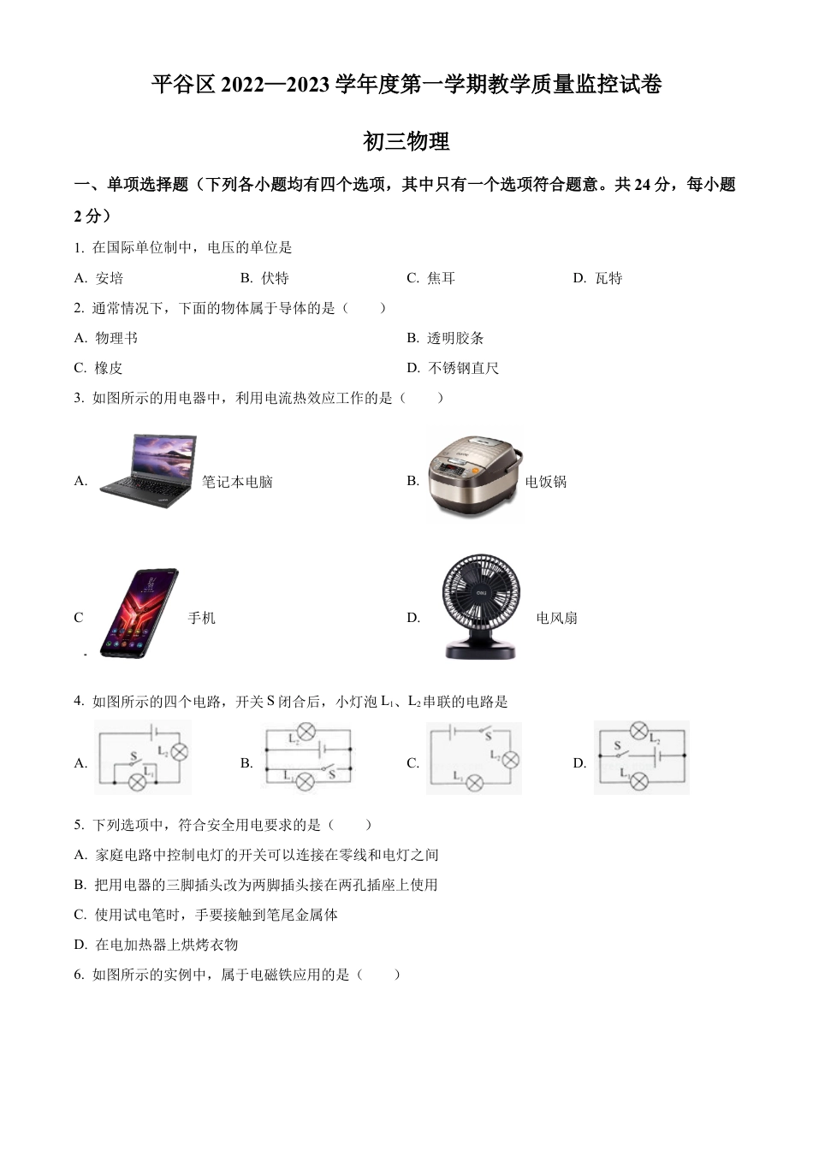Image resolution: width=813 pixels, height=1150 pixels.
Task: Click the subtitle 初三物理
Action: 406,141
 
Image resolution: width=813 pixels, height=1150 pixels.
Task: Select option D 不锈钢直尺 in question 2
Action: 453,368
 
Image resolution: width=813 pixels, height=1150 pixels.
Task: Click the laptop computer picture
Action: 148,472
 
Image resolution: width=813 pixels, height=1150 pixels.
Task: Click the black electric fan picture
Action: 480,608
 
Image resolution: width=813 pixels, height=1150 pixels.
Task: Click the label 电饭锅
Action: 546,482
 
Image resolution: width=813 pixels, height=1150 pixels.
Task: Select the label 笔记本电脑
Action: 237,482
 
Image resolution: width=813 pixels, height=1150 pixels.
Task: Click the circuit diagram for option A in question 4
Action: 142,757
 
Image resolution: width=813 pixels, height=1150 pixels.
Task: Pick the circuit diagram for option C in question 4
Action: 473,757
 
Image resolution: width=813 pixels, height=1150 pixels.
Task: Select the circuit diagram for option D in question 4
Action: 642,757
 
